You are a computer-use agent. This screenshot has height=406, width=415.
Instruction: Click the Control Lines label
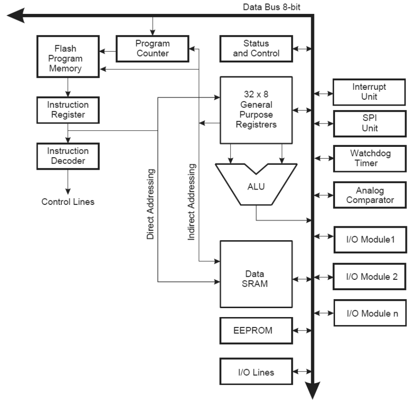click(x=68, y=202)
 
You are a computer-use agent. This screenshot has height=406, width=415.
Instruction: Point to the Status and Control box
click(x=256, y=49)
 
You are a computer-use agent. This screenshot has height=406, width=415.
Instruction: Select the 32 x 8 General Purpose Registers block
click(x=256, y=110)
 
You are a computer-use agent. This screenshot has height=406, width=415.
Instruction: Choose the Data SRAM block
click(x=256, y=274)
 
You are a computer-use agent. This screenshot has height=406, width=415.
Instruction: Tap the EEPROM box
click(x=256, y=331)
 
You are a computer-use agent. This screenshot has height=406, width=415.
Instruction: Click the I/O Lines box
click(x=256, y=371)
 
